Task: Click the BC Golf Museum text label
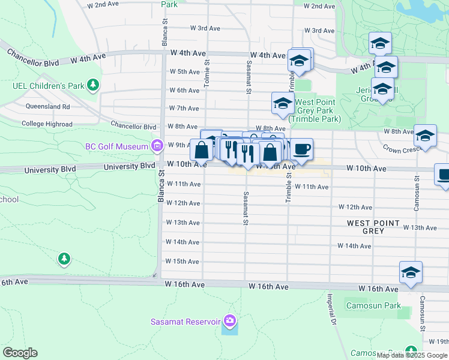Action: (116, 146)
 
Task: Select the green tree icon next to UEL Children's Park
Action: (92, 85)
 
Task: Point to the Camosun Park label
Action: (373, 305)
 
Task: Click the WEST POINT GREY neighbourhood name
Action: (373, 227)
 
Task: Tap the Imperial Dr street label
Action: (331, 309)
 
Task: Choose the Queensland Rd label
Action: (47, 106)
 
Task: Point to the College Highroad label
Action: (47, 124)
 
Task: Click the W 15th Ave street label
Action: (182, 262)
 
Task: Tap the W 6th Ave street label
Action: (184, 91)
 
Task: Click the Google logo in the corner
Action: (20, 353)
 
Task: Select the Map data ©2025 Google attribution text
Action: (411, 355)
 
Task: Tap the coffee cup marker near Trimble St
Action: (301, 149)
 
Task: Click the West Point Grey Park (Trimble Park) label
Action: (315, 110)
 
